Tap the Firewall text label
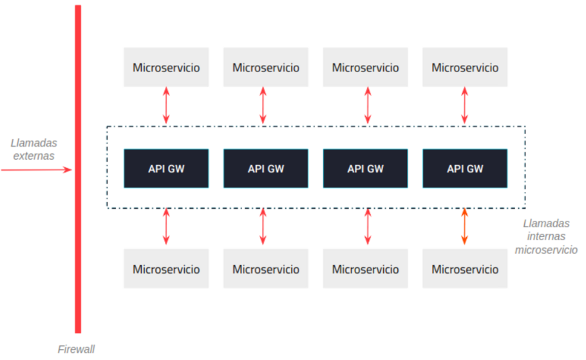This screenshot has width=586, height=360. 76,349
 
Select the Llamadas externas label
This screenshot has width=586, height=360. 33,149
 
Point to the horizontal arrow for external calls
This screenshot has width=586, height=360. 36,170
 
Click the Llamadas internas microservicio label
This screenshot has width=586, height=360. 546,236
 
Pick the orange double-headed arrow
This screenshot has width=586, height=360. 464,226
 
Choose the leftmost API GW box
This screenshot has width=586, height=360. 166,169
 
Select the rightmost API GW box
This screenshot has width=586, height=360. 465,169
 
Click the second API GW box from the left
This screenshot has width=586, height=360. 266,169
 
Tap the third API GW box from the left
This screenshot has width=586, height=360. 365,169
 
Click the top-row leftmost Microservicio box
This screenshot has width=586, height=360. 166,67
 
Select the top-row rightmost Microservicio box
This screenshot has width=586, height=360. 465,67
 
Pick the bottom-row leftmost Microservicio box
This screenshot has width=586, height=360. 166,269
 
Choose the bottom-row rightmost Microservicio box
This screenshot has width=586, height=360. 465,269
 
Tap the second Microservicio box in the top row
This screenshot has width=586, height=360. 266,67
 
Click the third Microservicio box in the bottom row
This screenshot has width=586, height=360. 365,269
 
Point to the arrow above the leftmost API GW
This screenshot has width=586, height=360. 166,105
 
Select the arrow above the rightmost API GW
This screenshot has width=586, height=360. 465,105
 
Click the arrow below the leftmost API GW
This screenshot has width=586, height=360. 166,226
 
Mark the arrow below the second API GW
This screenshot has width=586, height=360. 263,226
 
